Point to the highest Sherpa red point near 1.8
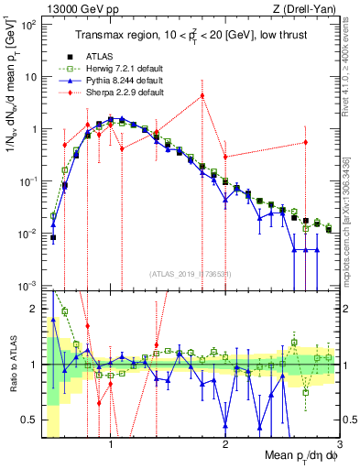pos(202,95)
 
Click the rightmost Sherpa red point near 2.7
pos(306,142)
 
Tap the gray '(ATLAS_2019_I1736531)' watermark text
pos(191,274)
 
